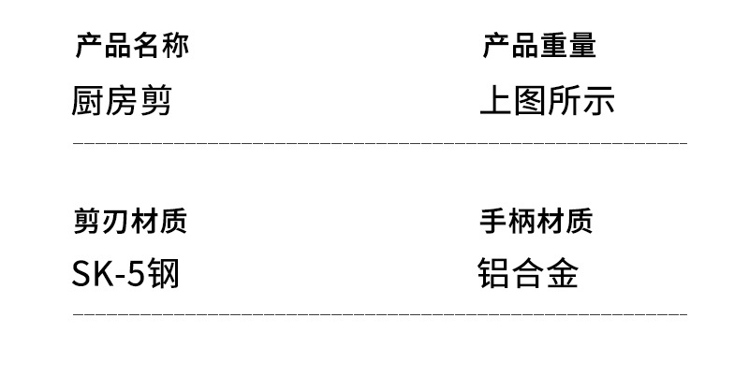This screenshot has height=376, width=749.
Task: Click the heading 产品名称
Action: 131,45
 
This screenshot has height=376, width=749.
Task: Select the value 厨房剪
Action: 122,100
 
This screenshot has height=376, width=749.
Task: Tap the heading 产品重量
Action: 538,45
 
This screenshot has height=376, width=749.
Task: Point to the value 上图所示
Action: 547,100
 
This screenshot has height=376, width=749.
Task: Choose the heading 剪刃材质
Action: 130,221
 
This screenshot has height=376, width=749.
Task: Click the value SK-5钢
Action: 125,274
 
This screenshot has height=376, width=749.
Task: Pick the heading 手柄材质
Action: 536,221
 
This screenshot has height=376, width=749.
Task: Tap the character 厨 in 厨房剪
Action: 88,100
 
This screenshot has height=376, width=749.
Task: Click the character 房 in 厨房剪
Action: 122,100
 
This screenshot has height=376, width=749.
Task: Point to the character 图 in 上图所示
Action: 530,100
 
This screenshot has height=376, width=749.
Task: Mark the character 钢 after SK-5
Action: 162,274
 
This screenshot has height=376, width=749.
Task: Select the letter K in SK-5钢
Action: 100,274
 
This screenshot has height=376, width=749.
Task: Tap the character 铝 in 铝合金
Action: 494,273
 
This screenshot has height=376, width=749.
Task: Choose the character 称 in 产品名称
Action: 174,45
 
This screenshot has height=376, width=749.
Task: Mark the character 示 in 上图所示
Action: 598,100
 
